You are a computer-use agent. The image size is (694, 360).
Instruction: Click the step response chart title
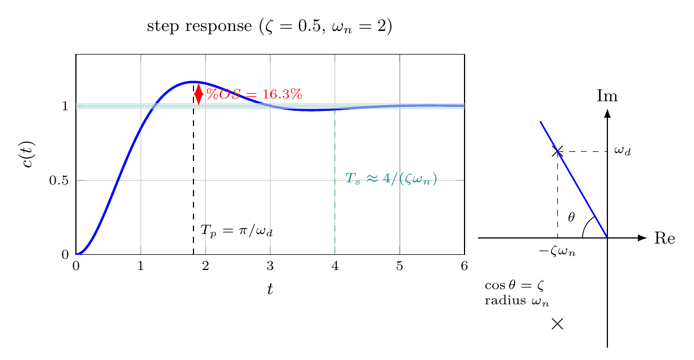269,26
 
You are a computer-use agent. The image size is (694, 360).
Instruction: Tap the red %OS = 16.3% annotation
254,94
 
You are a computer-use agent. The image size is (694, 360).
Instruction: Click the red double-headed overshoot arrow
199,94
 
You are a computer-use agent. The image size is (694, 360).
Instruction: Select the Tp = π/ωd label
236,231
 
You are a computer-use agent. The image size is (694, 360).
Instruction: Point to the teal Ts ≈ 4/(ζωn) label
391,179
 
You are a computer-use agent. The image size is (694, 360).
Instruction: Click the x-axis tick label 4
335,266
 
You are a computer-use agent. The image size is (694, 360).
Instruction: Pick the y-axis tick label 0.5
59,181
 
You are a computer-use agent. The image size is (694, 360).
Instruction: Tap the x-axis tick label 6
464,266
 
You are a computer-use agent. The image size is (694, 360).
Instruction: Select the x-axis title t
270,289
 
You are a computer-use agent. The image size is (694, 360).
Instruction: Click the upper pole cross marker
557,151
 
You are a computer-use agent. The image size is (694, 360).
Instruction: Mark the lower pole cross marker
557,324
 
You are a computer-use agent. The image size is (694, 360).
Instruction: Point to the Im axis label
607,96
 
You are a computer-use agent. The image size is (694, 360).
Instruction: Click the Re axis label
665,238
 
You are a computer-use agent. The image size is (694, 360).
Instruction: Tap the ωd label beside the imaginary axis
623,151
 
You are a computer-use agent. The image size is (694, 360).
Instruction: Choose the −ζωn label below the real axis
557,251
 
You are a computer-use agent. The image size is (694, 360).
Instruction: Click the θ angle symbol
571,218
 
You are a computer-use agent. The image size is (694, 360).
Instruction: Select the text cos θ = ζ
514,285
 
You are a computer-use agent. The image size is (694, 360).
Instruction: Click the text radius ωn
517,301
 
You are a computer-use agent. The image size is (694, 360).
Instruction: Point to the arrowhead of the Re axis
643,238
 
